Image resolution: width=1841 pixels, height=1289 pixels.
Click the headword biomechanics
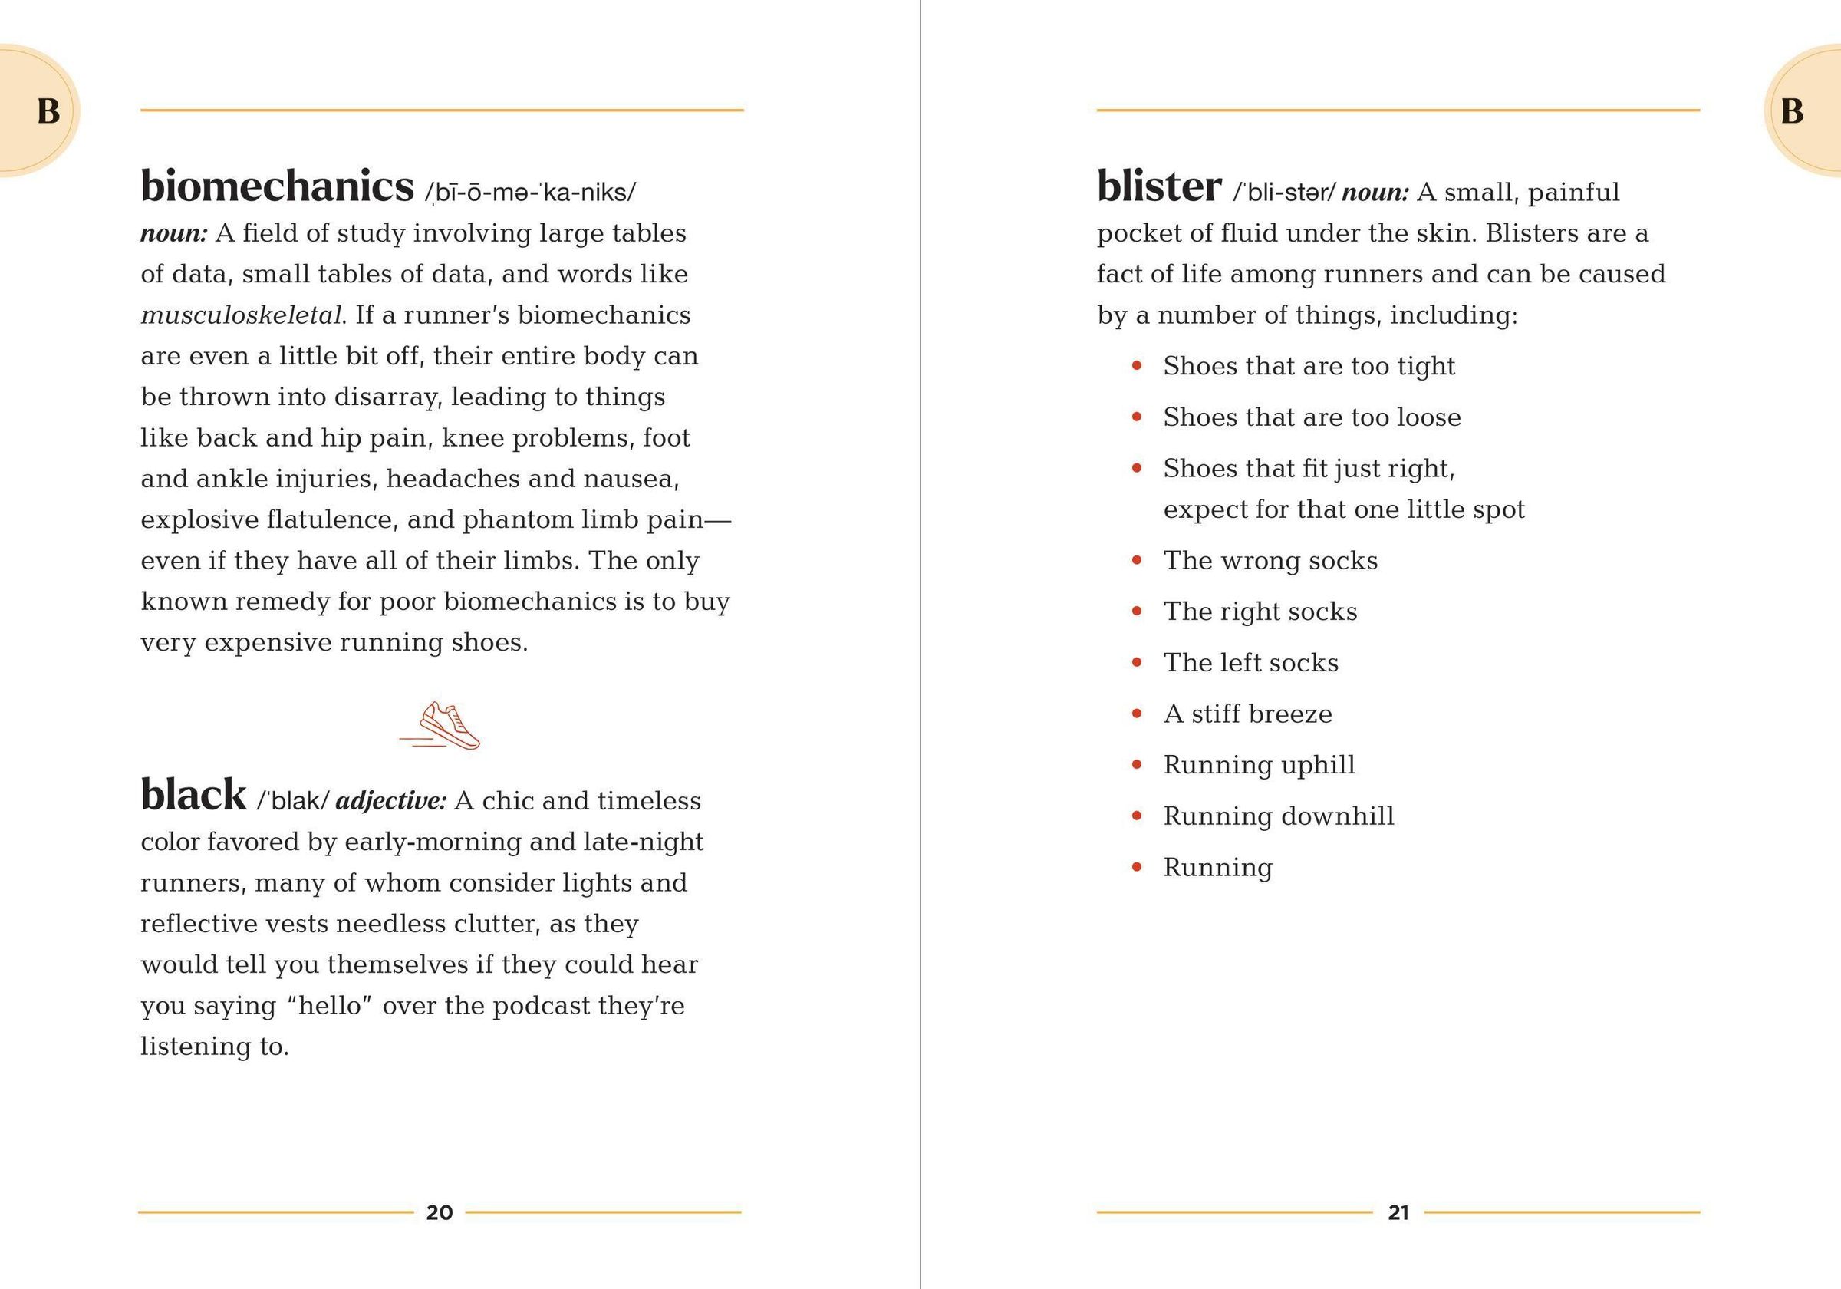point(277,187)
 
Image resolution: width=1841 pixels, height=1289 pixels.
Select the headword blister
point(1158,187)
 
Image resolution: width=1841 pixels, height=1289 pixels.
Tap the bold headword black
point(193,796)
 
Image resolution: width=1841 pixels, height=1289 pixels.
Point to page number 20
point(440,1212)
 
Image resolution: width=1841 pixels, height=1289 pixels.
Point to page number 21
point(1398,1212)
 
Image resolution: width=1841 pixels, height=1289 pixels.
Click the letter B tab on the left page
point(48,110)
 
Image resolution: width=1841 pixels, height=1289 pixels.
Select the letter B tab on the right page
point(1793,110)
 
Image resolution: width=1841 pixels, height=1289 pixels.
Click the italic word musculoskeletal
point(242,315)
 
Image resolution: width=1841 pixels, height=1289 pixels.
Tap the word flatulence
point(331,519)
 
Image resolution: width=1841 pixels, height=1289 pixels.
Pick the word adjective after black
point(390,800)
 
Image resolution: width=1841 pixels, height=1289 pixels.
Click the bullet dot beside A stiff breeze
point(1136,713)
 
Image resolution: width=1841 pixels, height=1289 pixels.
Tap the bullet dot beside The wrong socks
point(1136,560)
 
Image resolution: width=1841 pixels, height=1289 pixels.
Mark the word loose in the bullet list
point(1429,417)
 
